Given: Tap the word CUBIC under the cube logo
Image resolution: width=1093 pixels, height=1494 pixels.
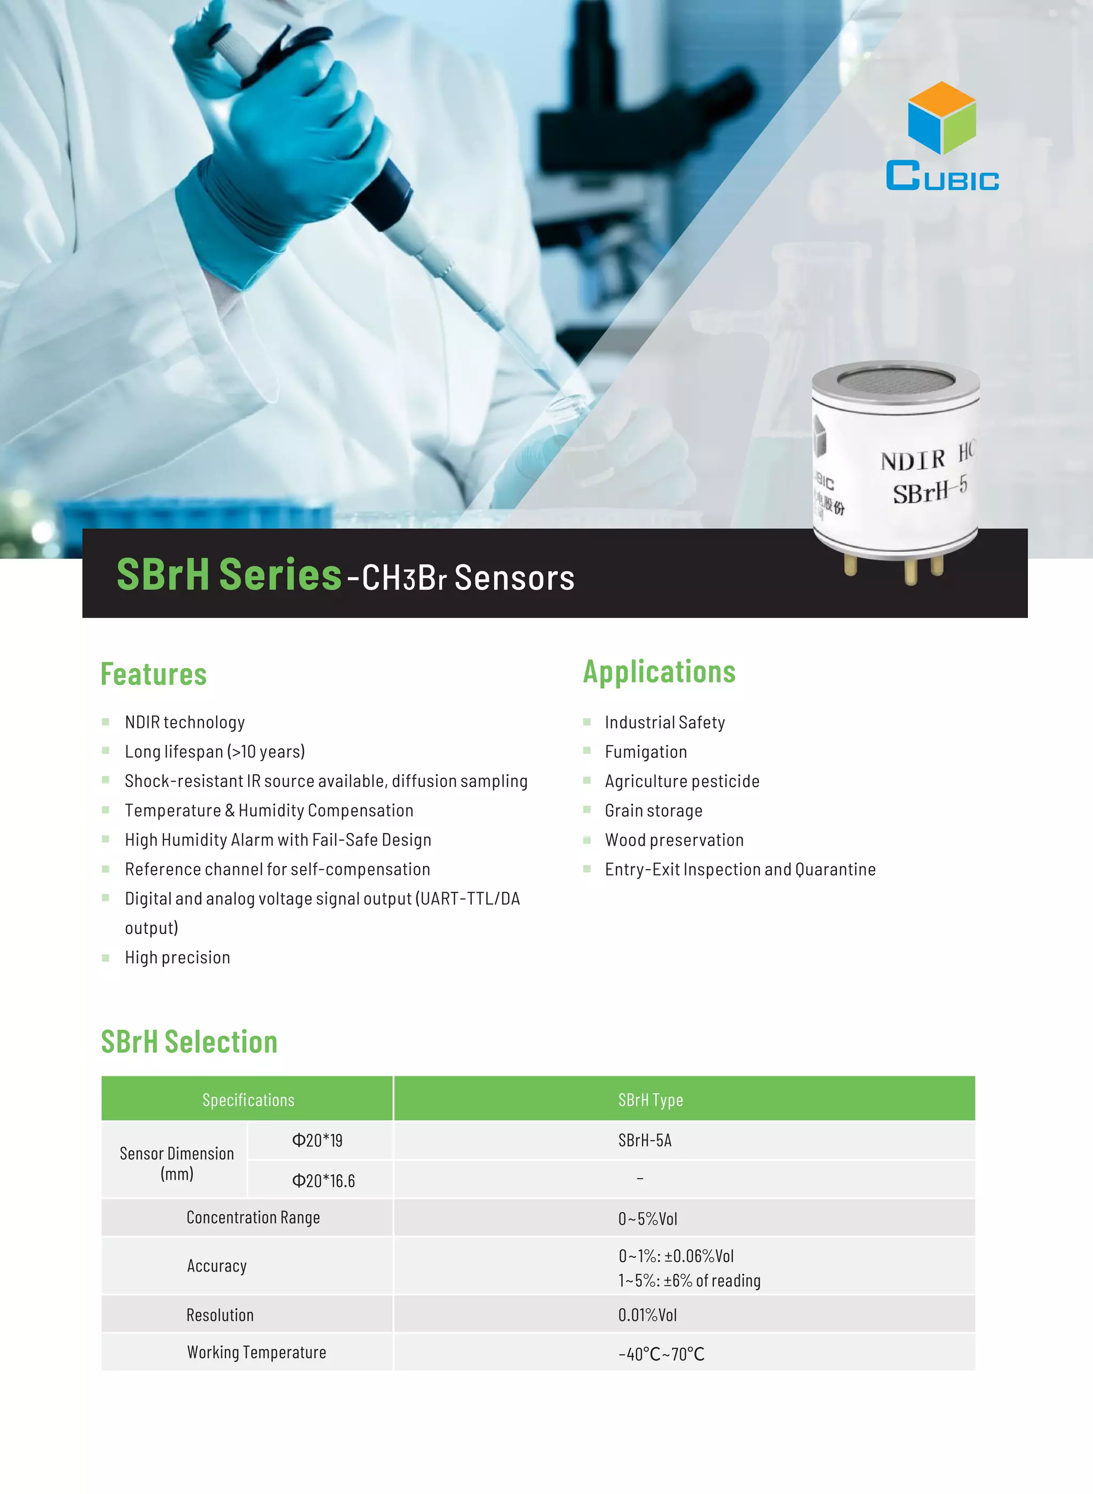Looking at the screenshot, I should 942,177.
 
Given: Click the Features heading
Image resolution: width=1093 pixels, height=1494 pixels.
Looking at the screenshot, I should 154,674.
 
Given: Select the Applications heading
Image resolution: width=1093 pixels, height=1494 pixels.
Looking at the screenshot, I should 659,672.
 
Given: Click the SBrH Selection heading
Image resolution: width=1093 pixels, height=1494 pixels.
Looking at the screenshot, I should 189,1042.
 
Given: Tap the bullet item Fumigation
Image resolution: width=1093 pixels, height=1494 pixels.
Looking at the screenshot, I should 646,752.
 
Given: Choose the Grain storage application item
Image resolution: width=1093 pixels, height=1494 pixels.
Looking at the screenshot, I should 654,811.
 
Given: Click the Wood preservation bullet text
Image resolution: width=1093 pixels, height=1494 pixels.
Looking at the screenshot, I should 674,840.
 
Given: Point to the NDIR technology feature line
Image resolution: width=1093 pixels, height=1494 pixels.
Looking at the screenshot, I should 185,722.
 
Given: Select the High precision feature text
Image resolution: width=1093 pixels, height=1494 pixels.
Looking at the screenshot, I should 177,958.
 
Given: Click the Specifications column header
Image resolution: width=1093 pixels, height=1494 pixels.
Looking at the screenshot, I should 248,1100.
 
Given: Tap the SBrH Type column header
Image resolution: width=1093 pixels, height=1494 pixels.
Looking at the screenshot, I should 651,1100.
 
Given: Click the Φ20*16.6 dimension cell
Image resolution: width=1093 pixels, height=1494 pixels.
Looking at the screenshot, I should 323,1180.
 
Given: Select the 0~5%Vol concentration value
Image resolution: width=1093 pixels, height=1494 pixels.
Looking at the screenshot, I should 648,1219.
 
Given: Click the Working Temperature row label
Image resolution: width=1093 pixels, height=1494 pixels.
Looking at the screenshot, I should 257,1353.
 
